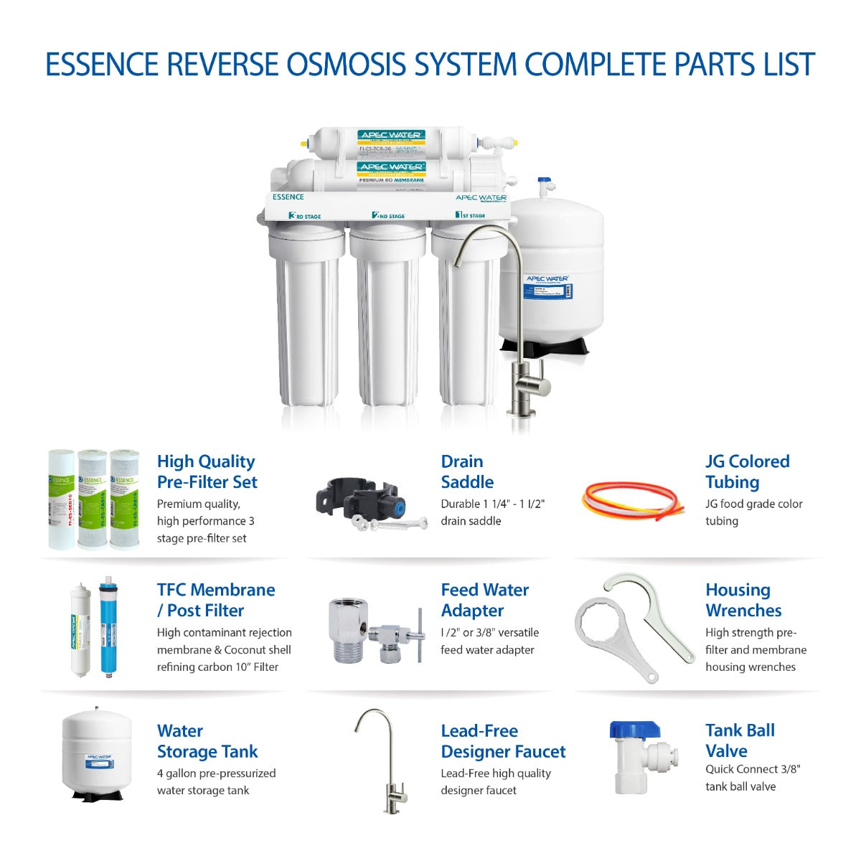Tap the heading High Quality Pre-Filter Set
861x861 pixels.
(207, 471)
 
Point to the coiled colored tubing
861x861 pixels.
(629, 500)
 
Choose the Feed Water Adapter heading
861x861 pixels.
(484, 600)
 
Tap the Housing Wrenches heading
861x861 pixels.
(743, 600)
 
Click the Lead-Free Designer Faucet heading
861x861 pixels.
(503, 740)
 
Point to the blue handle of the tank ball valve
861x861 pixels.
(634, 730)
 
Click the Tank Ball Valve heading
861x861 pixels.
(740, 740)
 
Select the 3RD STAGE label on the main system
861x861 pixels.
(304, 215)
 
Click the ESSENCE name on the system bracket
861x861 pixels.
(288, 197)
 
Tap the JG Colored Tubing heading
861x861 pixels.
(747, 471)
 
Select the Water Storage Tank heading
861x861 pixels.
(207, 740)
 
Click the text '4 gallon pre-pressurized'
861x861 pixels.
(216, 773)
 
